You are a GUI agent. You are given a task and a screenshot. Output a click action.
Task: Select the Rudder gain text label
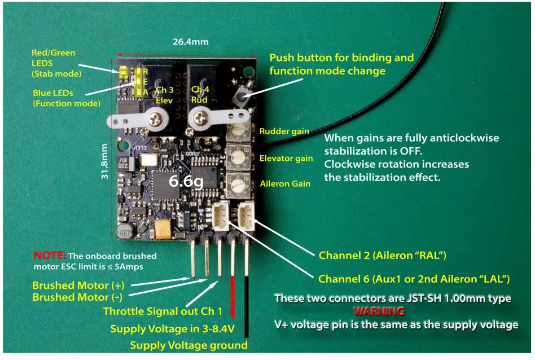click(x=284, y=131)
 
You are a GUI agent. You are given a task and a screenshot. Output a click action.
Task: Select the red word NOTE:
click(x=50, y=255)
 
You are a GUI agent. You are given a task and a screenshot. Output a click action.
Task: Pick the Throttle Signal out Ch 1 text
click(x=163, y=311)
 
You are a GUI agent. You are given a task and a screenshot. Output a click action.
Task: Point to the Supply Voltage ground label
click(x=188, y=345)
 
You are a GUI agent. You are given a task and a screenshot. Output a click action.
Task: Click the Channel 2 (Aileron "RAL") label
click(x=383, y=256)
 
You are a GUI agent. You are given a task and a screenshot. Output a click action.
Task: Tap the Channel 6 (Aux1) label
click(x=414, y=279)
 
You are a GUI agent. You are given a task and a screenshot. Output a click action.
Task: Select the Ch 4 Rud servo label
click(x=200, y=94)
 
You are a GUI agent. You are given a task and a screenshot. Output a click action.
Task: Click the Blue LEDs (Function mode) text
click(x=67, y=98)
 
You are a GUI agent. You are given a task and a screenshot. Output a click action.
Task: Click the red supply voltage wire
click(x=233, y=298)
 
